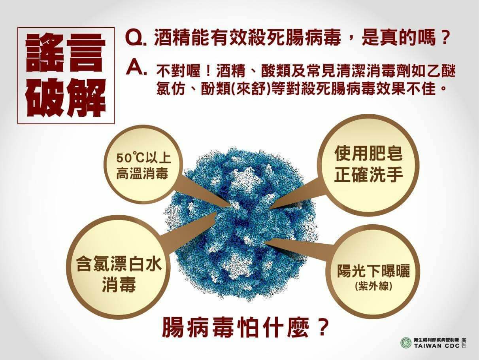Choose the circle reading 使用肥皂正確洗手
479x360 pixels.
pos(368,164)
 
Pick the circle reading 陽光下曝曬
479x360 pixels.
pos(373,273)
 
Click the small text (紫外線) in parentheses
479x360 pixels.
pos(373,286)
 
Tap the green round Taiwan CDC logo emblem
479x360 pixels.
pos(405,343)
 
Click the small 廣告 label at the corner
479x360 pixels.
pos(464,343)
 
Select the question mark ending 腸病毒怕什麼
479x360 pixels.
pos(322,328)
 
